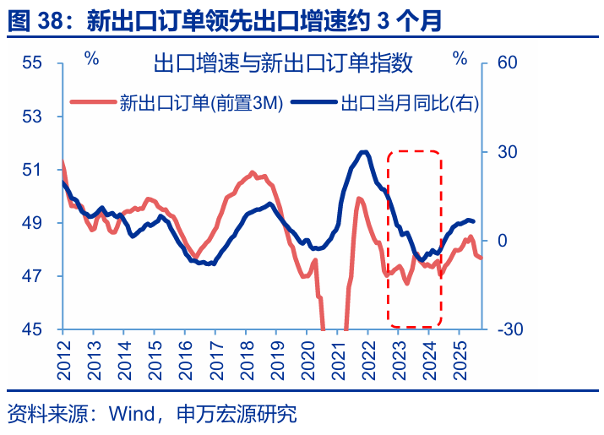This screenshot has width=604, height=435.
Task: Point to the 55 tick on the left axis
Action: point(32,63)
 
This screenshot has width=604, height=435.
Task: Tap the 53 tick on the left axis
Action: point(32,117)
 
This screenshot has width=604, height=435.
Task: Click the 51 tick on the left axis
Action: point(32,170)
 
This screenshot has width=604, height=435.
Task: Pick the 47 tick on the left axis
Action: point(32,276)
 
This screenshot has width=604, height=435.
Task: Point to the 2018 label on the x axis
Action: point(245,348)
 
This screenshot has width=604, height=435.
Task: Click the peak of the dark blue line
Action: point(364,152)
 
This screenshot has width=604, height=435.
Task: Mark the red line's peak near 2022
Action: point(359,198)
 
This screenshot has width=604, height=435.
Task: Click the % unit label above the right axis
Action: point(460,58)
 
